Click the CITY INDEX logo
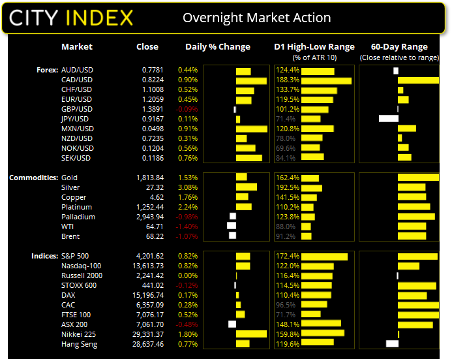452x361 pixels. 70,17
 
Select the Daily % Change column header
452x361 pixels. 218,47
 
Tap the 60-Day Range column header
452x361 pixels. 399,47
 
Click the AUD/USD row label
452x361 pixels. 76,70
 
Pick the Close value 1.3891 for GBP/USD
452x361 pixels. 153,109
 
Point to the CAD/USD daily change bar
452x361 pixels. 251,80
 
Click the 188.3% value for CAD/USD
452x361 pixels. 287,80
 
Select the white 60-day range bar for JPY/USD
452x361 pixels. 388,119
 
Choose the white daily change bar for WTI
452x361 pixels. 231,226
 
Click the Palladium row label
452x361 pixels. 78,217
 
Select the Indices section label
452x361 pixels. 44,256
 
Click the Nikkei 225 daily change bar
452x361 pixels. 251,334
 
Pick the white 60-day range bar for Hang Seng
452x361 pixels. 392,344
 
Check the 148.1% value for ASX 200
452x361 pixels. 287,324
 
